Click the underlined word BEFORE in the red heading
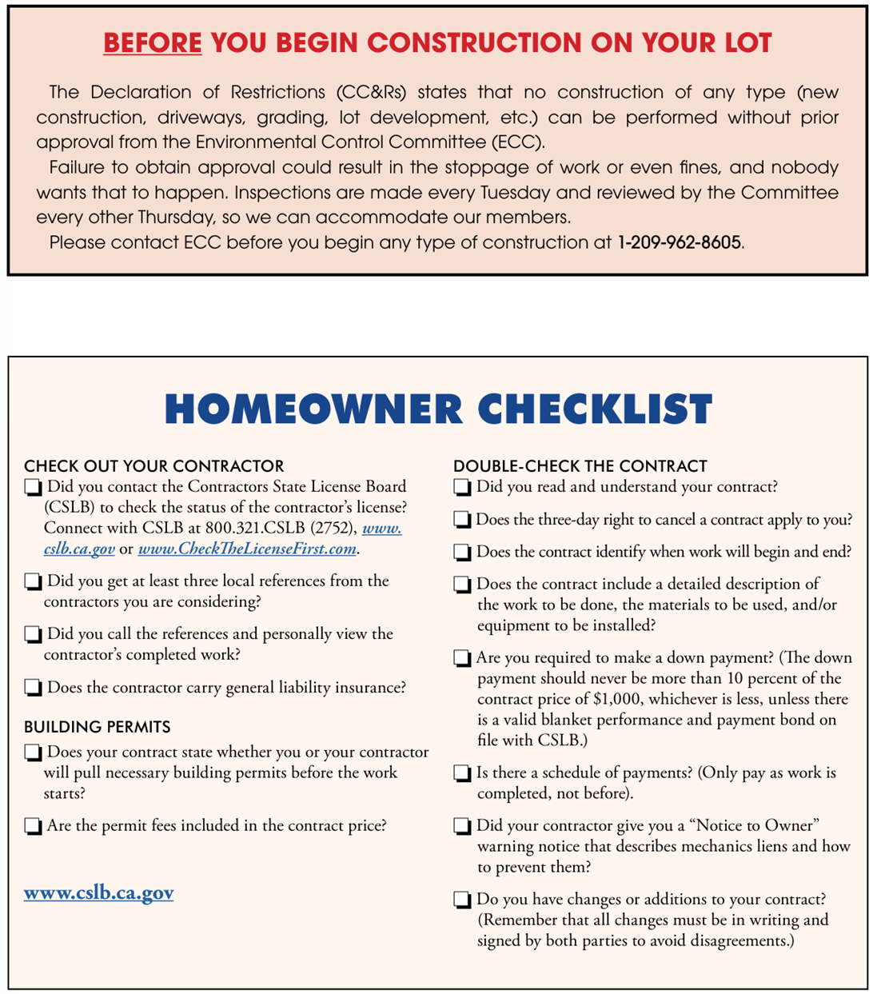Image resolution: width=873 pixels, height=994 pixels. [152, 42]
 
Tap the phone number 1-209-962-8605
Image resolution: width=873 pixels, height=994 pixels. [680, 242]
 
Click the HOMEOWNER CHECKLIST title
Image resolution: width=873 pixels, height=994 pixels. [438, 409]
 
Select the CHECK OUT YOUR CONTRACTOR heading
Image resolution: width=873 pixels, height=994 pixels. [153, 466]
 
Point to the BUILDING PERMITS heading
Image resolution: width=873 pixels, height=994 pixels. [97, 727]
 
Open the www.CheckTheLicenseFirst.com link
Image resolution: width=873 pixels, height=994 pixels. [247, 549]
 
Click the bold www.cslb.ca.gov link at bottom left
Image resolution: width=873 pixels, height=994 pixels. [98, 892]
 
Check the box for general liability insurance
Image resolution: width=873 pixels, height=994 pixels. [33, 687]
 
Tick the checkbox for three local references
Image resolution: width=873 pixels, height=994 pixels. [33, 581]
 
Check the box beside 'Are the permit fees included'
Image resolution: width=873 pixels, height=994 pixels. [33, 825]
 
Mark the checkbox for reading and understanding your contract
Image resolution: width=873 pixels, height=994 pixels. [462, 487]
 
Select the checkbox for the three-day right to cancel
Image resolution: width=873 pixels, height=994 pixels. [462, 520]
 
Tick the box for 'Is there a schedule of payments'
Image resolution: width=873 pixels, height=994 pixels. [462, 773]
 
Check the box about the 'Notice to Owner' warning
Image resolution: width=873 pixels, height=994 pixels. [462, 826]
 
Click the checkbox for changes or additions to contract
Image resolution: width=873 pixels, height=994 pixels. [462, 900]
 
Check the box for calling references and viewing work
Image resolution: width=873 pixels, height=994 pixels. [33, 634]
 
